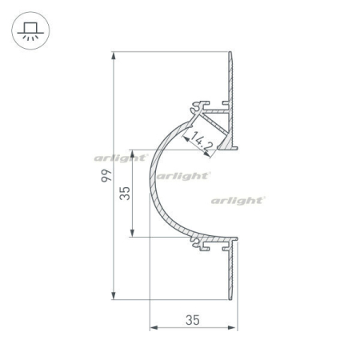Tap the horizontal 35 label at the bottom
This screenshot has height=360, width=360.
(x=192, y=320)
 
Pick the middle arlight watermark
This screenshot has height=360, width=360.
(x=183, y=174)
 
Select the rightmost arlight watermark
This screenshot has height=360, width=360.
(x=238, y=200)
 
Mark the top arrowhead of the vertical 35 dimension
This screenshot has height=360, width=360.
(x=133, y=151)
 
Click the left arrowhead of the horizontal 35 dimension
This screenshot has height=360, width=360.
(x=153, y=328)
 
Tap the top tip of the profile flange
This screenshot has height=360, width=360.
(x=234, y=54)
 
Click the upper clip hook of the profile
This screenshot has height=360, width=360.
(x=196, y=105)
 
